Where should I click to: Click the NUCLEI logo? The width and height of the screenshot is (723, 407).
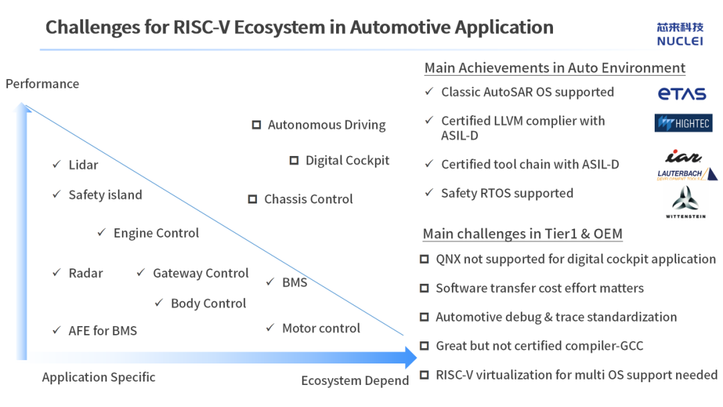(680, 34)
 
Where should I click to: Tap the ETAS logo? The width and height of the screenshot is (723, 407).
(682, 94)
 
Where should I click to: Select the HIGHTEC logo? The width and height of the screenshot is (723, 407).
(684, 123)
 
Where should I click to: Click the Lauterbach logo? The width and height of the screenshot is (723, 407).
(687, 174)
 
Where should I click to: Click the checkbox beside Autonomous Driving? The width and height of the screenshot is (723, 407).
(256, 125)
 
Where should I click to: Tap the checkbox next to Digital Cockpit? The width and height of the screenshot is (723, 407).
(294, 161)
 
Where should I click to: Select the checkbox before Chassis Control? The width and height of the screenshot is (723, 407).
(252, 199)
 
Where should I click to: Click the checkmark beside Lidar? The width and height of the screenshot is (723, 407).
(57, 164)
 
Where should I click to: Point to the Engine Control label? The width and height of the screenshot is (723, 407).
(156, 233)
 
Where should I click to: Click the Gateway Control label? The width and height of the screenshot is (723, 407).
(201, 273)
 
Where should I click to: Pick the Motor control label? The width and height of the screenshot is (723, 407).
(321, 328)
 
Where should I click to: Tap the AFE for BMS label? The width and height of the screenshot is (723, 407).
(103, 331)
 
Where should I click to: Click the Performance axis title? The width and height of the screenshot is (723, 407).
(42, 84)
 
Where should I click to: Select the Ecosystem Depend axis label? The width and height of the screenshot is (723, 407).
(355, 381)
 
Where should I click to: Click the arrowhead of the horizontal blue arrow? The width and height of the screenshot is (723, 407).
(410, 357)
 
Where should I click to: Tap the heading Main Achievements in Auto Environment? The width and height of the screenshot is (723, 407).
(555, 68)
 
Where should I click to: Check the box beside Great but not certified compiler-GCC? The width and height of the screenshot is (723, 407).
(424, 345)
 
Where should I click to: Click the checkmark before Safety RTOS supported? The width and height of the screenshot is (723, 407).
(429, 192)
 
